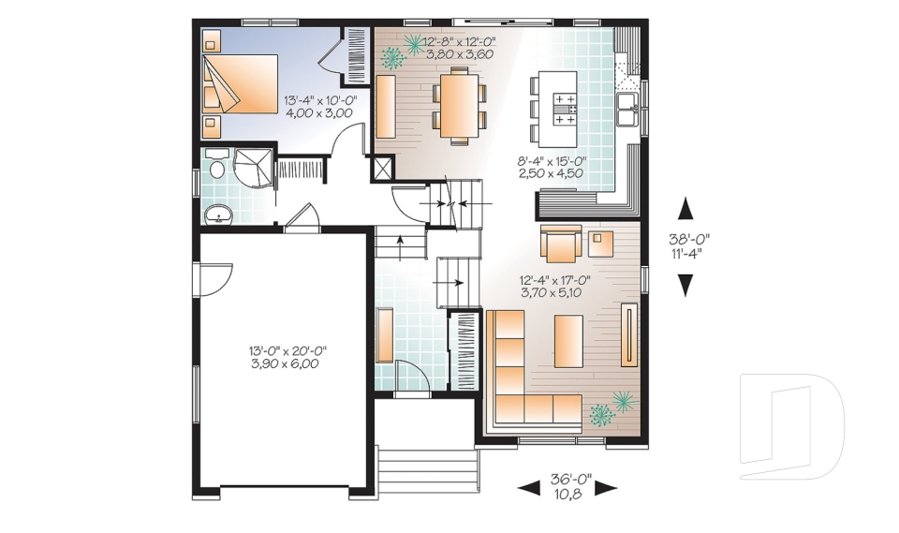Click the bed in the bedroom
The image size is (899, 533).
(241, 84)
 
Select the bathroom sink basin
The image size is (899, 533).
(218, 214)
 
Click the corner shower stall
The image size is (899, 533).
(253, 168)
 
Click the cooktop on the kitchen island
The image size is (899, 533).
(566, 109)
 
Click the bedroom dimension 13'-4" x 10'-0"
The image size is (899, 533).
(319, 100)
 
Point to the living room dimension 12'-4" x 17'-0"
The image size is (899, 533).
(554, 280)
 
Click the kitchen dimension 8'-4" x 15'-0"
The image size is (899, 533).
(551, 161)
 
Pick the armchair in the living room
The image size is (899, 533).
(561, 241)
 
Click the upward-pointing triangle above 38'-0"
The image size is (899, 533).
(685, 209)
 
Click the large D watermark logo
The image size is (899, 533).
(791, 426)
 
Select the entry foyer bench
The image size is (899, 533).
(384, 335)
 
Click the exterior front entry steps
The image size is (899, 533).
(428, 468)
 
